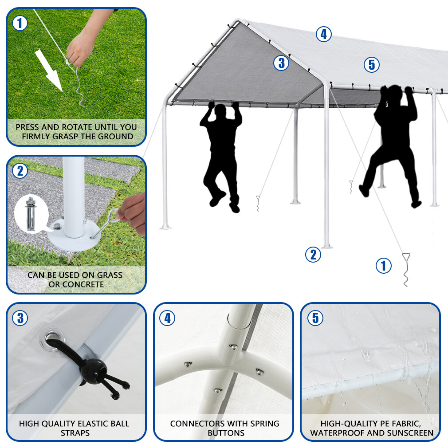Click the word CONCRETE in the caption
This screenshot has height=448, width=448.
(x=83, y=284)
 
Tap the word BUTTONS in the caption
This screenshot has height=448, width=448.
(x=224, y=432)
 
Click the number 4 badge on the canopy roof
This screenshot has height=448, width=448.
(x=324, y=34)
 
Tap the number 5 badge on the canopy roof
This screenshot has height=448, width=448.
(x=372, y=65)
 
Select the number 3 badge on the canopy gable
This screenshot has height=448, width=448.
(x=281, y=63)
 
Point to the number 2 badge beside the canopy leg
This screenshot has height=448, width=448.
(x=313, y=255)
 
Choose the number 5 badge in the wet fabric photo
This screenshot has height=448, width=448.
(x=315, y=318)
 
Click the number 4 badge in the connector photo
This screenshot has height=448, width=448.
(x=168, y=318)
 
